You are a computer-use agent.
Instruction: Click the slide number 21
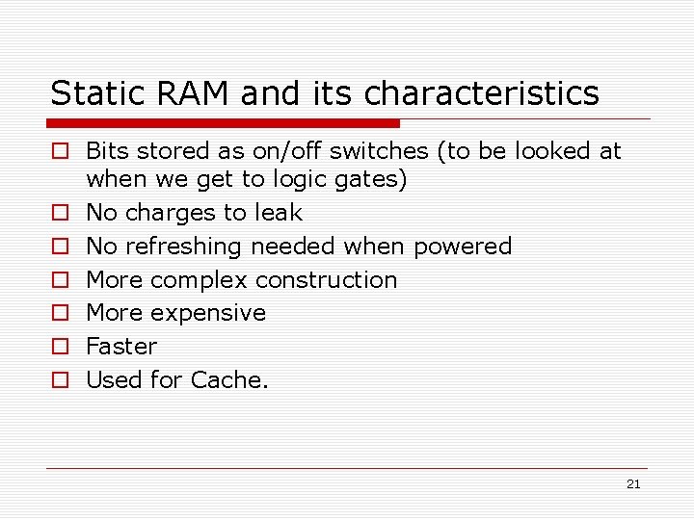tap(632, 484)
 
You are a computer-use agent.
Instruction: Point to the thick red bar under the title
tap(224, 123)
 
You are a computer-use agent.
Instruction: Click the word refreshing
tap(182, 247)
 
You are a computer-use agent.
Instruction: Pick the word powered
tap(463, 247)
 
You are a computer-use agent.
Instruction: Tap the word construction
tap(326, 280)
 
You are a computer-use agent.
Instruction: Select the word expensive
tap(215, 313)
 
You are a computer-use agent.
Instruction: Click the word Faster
tap(121, 347)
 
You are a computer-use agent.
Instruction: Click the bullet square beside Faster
tap(60, 347)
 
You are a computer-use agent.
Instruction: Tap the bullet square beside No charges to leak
tap(60, 213)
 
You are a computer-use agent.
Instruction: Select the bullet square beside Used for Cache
tap(60, 380)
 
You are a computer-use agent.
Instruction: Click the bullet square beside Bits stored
tap(60, 151)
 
